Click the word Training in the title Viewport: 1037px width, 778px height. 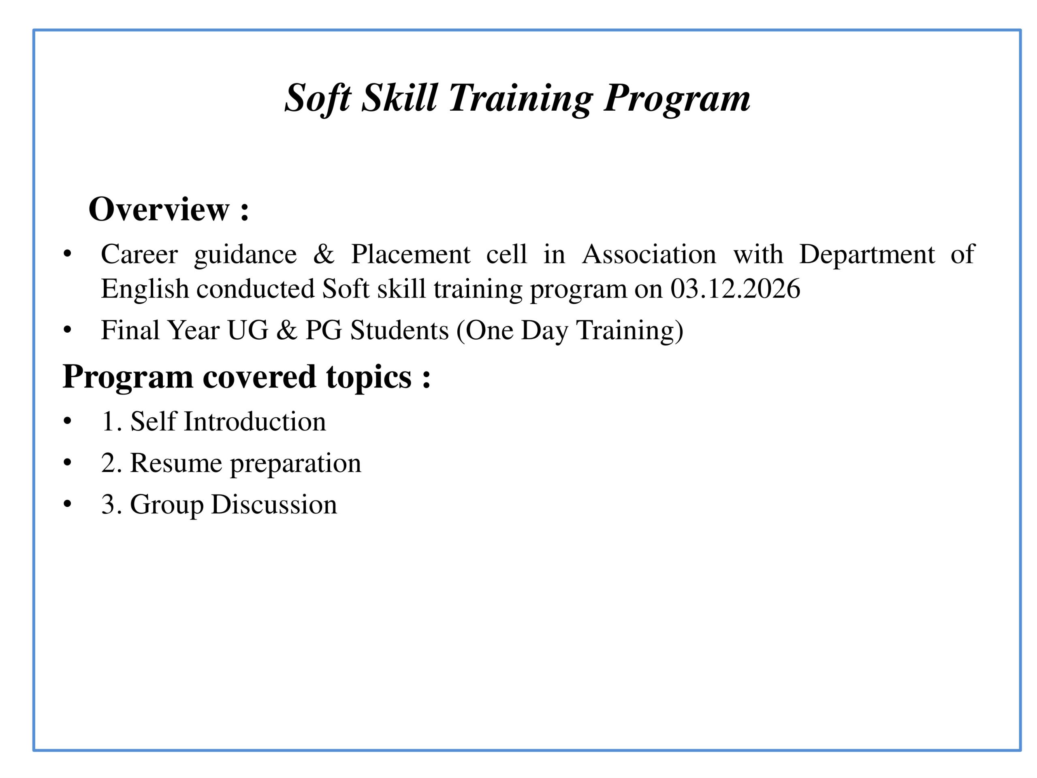(x=521, y=98)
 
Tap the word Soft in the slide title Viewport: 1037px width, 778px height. (x=318, y=98)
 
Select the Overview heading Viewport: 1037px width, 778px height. (x=168, y=209)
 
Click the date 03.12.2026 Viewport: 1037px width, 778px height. (x=735, y=289)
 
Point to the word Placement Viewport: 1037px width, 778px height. (x=410, y=254)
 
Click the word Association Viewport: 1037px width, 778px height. (x=649, y=254)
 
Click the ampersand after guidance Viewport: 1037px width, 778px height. (x=324, y=254)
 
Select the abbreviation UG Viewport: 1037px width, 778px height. (x=248, y=330)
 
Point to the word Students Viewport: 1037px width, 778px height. (x=399, y=330)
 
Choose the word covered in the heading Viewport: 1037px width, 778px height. (x=259, y=377)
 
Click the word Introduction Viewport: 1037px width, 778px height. (x=254, y=421)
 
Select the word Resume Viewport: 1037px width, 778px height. (x=176, y=463)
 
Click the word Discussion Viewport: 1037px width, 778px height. (x=274, y=504)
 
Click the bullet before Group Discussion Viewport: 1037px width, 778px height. (x=68, y=504)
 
